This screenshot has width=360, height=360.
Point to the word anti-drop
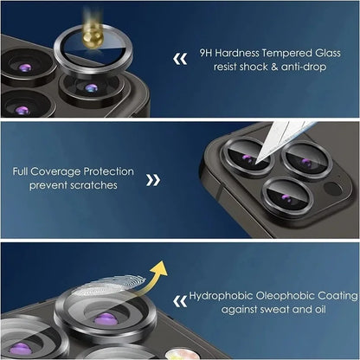click(x=299, y=67)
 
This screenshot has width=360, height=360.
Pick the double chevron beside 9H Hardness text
click(x=180, y=59)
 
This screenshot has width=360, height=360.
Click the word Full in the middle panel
click(x=23, y=171)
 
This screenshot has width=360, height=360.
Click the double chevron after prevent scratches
click(x=153, y=180)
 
